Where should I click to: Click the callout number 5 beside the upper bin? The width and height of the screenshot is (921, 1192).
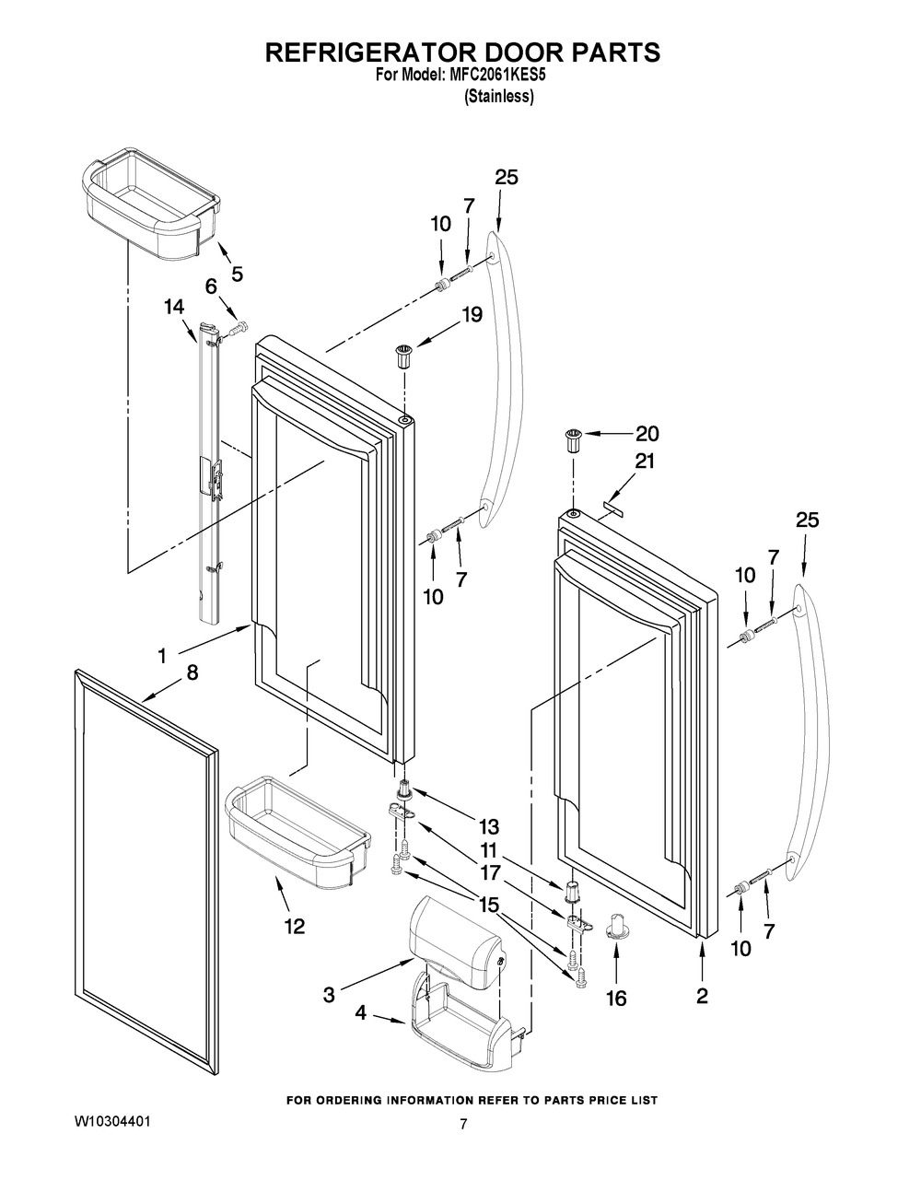click(237, 274)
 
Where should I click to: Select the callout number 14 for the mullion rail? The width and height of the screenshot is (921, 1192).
click(174, 307)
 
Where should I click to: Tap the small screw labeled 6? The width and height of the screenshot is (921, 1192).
click(238, 329)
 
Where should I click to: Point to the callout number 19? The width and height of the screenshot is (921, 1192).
click(472, 315)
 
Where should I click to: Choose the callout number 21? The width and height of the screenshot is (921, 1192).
click(645, 462)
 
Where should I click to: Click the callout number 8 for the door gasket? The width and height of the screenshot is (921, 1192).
click(192, 673)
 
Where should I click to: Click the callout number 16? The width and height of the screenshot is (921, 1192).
click(616, 999)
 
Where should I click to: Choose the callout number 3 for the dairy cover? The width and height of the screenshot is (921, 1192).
click(329, 995)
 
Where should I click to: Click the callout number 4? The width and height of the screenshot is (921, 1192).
click(360, 1012)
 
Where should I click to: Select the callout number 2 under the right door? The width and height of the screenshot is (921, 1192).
click(702, 996)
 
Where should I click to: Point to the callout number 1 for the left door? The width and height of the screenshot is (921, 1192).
click(162, 655)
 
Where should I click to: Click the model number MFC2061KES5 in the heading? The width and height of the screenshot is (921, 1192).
click(497, 76)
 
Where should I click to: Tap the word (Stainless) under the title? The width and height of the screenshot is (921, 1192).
click(498, 97)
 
